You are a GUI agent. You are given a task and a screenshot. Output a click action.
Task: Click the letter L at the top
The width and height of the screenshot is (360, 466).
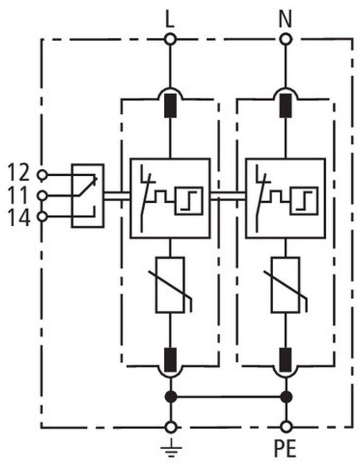pyautogui.click(x=170, y=19)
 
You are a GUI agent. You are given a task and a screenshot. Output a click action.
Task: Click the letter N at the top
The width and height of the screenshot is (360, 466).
pyautogui.click(x=285, y=19)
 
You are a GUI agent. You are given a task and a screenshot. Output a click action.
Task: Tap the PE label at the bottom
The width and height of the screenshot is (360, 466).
pyautogui.click(x=285, y=449)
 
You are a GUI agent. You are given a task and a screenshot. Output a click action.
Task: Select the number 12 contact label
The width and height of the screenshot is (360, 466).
pyautogui.click(x=18, y=173)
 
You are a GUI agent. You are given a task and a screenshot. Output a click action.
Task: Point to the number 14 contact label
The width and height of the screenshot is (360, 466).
pyautogui.click(x=19, y=218)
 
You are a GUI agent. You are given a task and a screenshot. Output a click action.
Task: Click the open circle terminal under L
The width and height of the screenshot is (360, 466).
pyautogui.click(x=170, y=39)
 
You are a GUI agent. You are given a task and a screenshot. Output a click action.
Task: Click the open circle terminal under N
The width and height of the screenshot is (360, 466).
pyautogui.click(x=286, y=39)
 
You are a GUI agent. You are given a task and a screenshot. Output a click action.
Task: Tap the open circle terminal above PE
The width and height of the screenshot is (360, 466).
pyautogui.click(x=286, y=427)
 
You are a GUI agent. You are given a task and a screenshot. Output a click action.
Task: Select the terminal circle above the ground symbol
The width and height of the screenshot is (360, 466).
pyautogui.click(x=170, y=427)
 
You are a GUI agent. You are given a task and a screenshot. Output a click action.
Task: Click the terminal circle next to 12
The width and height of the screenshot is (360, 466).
pyautogui.click(x=42, y=175)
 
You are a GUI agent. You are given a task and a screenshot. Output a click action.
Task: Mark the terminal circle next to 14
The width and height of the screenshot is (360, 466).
pyautogui.click(x=42, y=217)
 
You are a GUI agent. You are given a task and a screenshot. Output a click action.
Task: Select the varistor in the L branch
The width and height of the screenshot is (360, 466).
pyautogui.click(x=170, y=285)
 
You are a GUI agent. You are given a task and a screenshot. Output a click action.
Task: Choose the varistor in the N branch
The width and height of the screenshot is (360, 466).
pyautogui.click(x=286, y=285)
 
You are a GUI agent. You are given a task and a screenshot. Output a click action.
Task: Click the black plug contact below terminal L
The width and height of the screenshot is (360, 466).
pyautogui.click(x=170, y=105)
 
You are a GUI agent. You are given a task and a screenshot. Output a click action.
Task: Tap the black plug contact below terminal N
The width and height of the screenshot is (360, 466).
pyautogui.click(x=286, y=105)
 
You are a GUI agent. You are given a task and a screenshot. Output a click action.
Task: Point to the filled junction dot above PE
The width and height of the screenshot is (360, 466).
pyautogui.click(x=286, y=397)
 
